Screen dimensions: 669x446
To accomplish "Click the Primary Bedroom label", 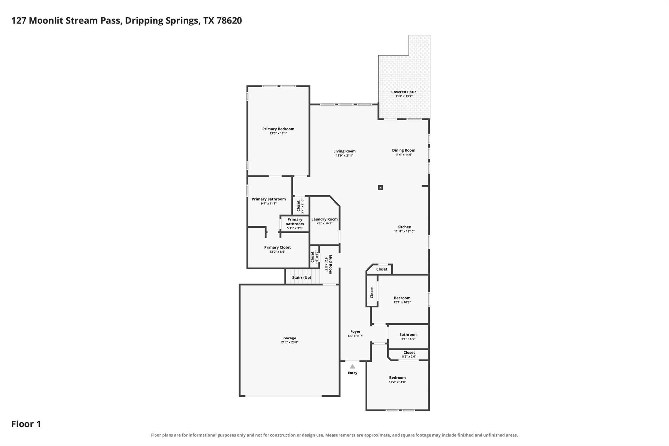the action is click(278, 129).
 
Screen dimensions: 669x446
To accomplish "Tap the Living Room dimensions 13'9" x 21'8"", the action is click(345, 156).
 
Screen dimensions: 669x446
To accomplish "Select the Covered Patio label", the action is click(404, 92).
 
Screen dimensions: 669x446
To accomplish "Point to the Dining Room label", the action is click(404, 150).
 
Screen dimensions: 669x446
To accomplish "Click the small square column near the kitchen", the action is click(380, 188).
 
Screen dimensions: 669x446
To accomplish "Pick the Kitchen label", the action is click(404, 227).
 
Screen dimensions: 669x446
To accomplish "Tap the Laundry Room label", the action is click(324, 219).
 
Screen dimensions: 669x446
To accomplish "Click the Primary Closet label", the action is click(277, 247).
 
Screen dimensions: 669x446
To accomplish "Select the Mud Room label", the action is click(330, 264).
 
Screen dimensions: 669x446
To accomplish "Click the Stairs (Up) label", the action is click(302, 278).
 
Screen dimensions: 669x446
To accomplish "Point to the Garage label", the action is click(290, 338).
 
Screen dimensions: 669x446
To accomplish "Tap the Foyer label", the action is click(355, 331).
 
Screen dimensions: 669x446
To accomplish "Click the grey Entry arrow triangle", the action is click(352, 367).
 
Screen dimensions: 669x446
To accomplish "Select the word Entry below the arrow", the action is click(352, 373).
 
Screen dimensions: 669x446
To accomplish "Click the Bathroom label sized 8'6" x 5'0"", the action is click(408, 334).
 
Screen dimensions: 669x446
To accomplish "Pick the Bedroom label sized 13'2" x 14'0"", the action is click(397, 378).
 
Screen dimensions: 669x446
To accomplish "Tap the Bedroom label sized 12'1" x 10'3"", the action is click(402, 298).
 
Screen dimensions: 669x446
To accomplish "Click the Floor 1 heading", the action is click(26, 424).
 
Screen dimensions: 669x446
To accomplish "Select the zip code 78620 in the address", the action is click(229, 21).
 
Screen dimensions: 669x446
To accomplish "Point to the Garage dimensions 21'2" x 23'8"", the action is click(290, 342).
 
